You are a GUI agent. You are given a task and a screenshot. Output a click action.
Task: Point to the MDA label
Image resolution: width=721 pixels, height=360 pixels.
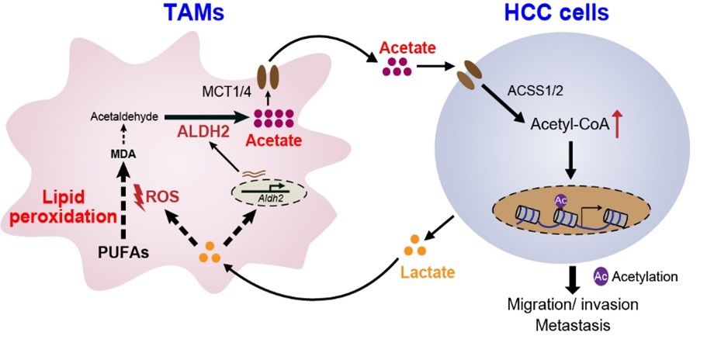[x=123, y=154]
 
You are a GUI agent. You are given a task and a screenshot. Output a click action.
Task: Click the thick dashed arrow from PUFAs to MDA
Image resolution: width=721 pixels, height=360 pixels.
[x=123, y=202]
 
